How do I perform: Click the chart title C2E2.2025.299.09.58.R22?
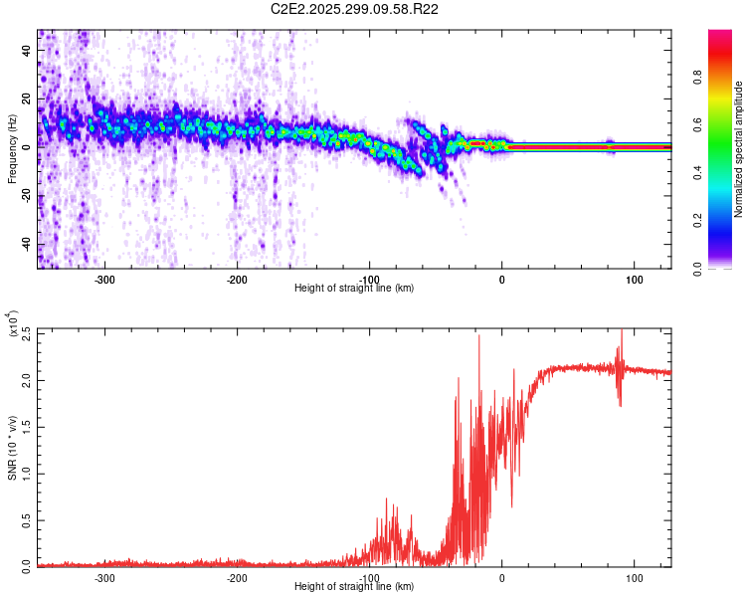pos(355,9)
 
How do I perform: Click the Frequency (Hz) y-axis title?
pos(12,149)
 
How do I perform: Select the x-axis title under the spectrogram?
pos(354,288)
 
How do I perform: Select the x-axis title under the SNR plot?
pos(354,586)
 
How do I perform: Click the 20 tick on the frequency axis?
pos(27,98)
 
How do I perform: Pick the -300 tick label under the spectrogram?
pos(104,279)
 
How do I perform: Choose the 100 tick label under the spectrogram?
pos(634,279)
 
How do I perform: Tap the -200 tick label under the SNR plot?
pos(237,577)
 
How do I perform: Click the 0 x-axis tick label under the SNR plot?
pos(501,577)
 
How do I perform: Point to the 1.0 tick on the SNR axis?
pos(27,473)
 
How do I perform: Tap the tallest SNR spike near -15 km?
pos(479,336)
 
